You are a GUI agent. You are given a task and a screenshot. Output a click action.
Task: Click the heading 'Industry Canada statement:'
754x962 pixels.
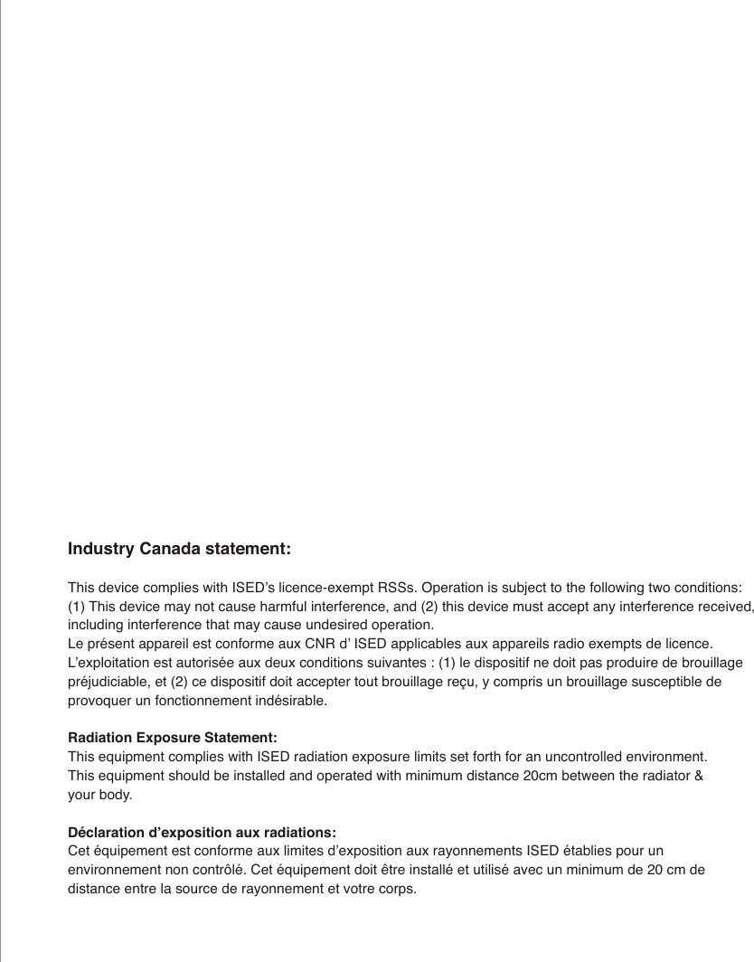[x=179, y=550]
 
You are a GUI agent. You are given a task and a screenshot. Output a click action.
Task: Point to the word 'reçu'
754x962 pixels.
[x=457, y=682]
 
